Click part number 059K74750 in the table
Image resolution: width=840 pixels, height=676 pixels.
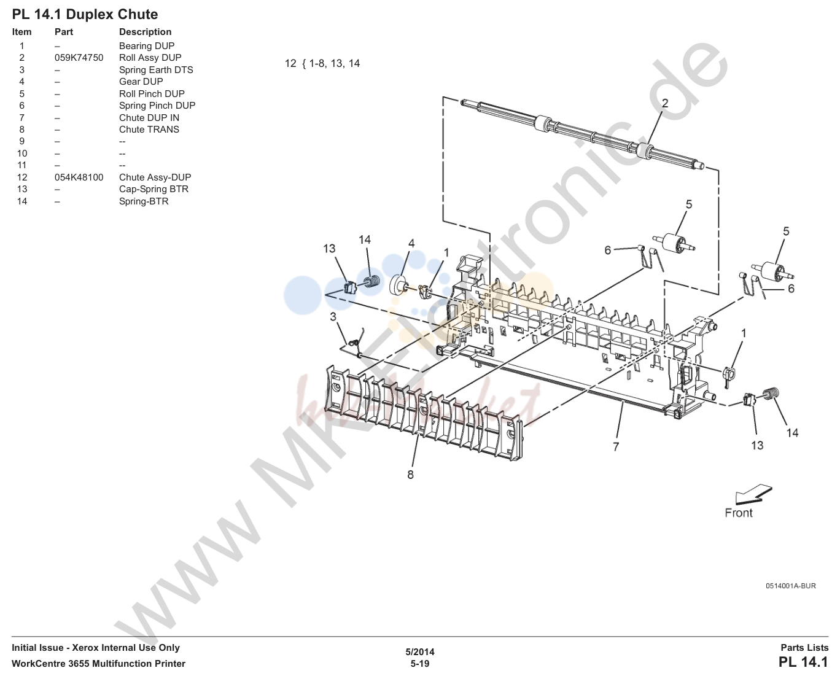pos(79,58)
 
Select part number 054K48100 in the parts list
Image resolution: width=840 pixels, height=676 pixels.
pos(79,177)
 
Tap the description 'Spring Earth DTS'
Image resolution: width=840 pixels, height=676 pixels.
pos(156,70)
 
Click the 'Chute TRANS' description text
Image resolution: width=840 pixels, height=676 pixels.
pos(149,130)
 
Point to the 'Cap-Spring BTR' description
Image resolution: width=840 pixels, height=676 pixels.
pos(154,189)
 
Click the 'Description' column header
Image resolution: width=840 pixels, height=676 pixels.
pos(145,32)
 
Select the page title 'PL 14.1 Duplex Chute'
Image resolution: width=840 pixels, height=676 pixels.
pos(85,15)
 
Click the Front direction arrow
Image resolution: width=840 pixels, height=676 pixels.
pos(753,494)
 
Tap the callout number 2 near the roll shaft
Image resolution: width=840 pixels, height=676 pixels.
pos(665,103)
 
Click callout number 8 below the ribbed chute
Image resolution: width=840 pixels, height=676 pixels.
pos(410,475)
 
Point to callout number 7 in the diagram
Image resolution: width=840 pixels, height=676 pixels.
pos(615,446)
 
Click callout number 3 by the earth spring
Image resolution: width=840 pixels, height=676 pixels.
pos(333,317)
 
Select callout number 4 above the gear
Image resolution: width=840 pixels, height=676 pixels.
pos(411,244)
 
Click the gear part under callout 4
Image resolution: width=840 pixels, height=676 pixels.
pos(399,286)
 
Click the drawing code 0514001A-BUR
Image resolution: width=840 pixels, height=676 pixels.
pos(790,586)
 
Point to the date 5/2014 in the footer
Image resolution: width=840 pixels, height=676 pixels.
pos(419,652)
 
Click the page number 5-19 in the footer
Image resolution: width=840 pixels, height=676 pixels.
pos(419,664)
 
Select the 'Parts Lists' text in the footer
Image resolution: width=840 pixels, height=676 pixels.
pos(804,648)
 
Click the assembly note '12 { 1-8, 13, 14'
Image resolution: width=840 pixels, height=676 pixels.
pos(322,64)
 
